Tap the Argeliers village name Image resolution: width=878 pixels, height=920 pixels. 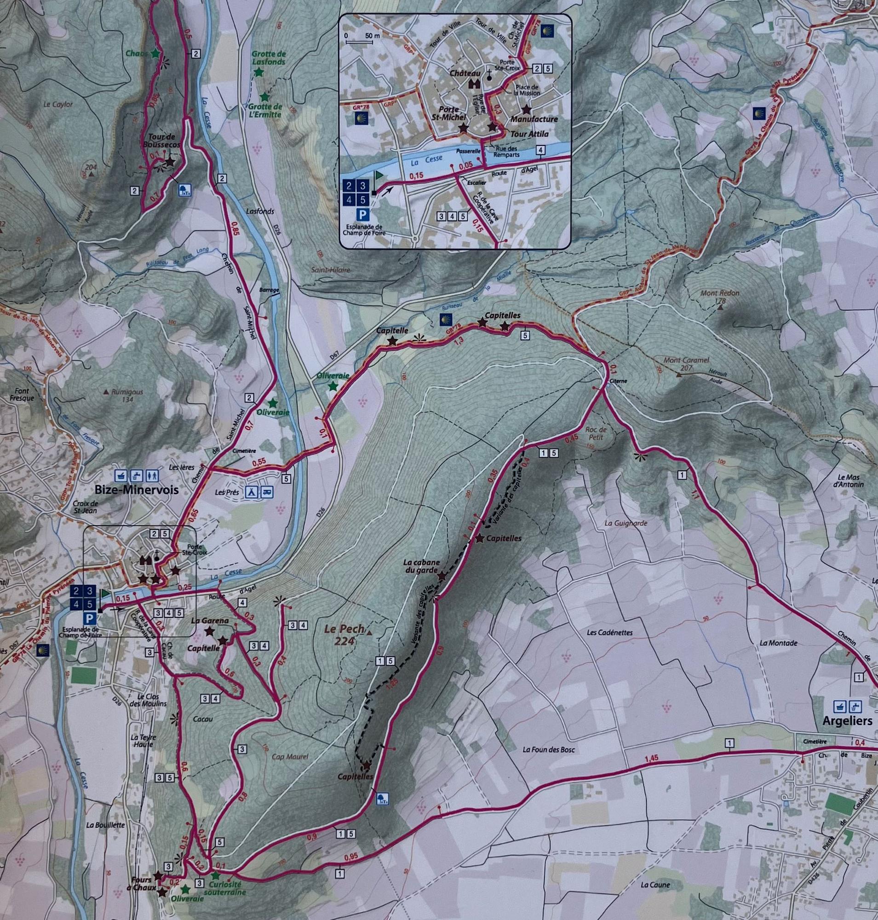tap(847, 720)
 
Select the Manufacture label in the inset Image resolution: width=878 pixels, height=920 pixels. tap(534, 119)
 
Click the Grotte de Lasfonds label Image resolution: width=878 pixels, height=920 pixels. tap(268, 57)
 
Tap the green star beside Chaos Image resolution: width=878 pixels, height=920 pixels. tap(155, 53)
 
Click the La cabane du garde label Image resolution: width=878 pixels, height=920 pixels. tap(421, 566)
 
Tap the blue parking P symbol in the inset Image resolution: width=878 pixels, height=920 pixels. tap(362, 214)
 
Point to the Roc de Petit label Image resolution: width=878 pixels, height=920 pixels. tap(596, 433)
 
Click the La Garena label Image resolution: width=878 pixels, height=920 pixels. tap(210, 621)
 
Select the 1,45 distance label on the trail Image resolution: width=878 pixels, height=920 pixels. tap(651, 758)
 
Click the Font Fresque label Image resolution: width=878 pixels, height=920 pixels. tap(22, 394)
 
